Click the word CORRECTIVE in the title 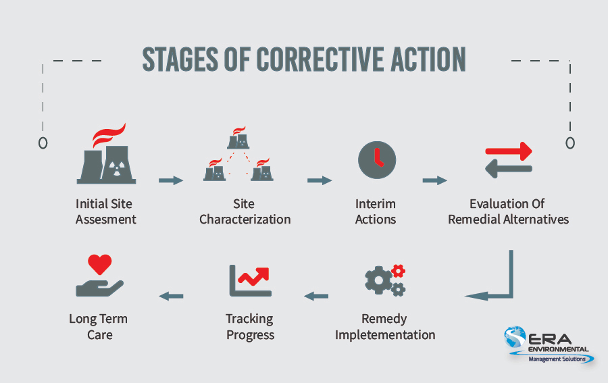[321, 59]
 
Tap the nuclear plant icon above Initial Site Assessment [106, 153]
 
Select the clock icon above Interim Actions [377, 159]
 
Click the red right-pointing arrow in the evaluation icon [509, 151]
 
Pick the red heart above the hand [100, 264]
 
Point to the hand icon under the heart [99, 288]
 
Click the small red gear [398, 271]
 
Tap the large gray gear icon [379, 280]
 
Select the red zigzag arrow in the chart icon [254, 276]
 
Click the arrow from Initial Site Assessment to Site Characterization [171, 180]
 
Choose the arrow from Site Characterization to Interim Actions [320, 180]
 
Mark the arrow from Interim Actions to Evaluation [434, 180]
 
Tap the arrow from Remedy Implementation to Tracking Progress [316, 296]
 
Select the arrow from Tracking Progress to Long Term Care [171, 296]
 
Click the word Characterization [245, 220]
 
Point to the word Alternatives [536, 220]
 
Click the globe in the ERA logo [515, 337]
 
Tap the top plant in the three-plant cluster [238, 138]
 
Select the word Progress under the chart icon [250, 335]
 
